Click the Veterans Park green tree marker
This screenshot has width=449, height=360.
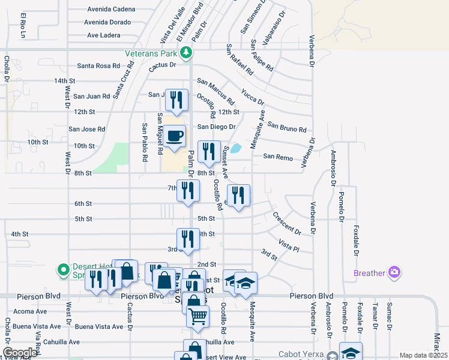tap(187, 53)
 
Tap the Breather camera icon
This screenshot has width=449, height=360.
tap(394, 273)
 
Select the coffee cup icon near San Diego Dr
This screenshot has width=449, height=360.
tap(175, 136)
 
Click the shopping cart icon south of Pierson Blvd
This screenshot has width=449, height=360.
tap(198, 315)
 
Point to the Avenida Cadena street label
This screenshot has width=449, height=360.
tap(111, 10)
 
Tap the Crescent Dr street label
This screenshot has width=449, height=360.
tap(286, 223)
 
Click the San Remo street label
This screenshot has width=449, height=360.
tap(278, 157)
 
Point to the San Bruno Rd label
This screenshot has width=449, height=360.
tap(287, 127)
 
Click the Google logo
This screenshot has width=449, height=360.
tap(20, 353)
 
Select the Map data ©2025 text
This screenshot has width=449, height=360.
tap(423, 355)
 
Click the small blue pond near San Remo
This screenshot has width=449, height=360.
tap(236, 148)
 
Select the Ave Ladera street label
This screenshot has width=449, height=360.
tap(104, 35)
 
